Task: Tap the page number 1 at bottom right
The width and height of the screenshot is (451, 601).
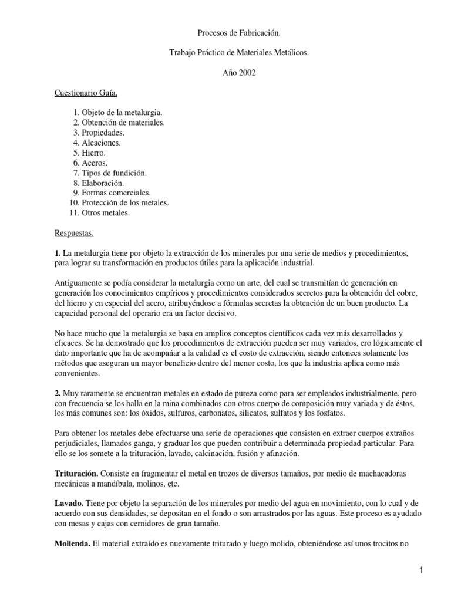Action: coord(438,570)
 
